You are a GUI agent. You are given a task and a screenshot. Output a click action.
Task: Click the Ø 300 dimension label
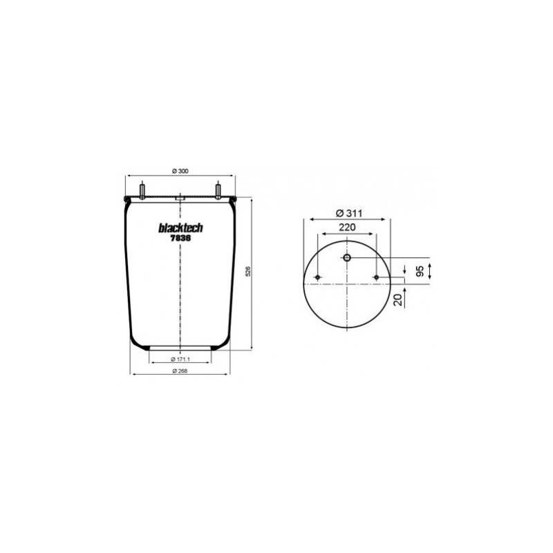tap(180, 171)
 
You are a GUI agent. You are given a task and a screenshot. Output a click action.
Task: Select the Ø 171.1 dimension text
tap(180, 359)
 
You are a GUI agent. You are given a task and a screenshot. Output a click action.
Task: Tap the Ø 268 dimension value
tap(180, 371)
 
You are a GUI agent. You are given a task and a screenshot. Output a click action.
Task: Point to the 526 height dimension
tap(248, 271)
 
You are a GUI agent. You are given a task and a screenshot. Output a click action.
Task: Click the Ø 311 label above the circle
tap(349, 213)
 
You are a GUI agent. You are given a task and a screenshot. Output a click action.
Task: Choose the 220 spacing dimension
tap(347, 227)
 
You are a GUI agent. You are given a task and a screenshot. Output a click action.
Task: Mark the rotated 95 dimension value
tap(420, 271)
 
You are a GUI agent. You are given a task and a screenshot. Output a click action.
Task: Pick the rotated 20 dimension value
tap(398, 300)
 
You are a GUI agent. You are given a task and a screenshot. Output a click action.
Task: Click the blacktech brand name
tap(180, 228)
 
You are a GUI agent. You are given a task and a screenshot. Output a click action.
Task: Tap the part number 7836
tap(180, 238)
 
